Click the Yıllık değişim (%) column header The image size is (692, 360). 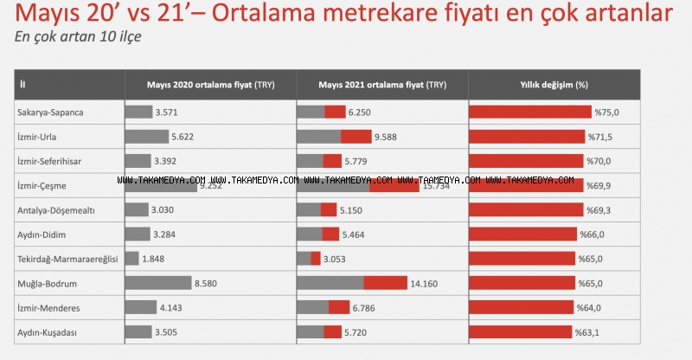554,85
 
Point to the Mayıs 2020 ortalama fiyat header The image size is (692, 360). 210,85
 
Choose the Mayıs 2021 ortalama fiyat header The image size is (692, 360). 382,85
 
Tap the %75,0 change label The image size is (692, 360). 606,112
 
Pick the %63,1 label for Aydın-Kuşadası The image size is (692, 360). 588,331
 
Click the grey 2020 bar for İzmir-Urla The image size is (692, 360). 146,137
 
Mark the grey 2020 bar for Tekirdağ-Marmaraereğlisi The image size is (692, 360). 131,259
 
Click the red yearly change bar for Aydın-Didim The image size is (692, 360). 523,234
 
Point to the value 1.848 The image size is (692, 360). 155,259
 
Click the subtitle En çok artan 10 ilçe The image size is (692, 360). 78,37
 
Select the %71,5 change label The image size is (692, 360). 600,137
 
